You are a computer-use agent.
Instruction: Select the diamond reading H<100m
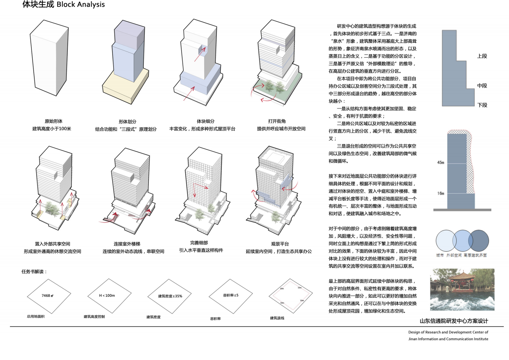109,296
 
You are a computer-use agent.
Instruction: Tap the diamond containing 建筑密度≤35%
169,296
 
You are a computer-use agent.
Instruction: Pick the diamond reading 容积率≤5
231,295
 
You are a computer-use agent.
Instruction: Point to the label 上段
482,56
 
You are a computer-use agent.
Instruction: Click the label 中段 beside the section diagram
482,86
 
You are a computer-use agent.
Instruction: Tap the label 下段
482,105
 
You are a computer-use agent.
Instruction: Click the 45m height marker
441,162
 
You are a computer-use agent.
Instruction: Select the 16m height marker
441,193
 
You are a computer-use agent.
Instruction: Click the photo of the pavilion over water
462,289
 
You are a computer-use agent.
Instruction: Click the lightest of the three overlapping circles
444,240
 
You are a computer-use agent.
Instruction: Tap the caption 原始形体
54,121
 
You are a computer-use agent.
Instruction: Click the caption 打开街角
277,121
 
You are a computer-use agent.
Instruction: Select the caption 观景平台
280,244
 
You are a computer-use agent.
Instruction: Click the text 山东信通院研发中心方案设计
454,321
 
